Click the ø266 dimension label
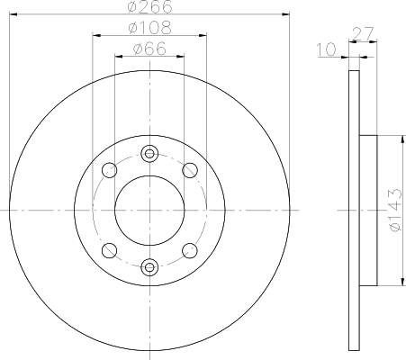(149, 6)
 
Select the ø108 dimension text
(149, 29)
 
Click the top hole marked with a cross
(149, 152)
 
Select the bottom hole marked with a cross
(149, 265)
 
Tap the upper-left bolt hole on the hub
(109, 169)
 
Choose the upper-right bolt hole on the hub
(189, 169)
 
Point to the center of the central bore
(149, 209)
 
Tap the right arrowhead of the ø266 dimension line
(288, 14)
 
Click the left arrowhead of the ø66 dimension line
(117, 55)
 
